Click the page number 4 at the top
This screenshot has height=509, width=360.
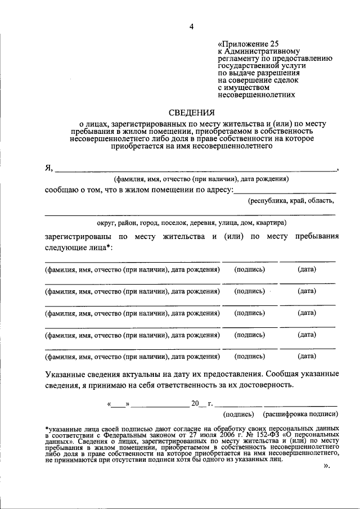tap(191, 26)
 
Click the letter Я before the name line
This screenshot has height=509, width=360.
tap(48, 168)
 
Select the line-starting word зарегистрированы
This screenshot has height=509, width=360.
tap(76, 237)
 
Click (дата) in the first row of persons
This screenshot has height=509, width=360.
tap(307, 269)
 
